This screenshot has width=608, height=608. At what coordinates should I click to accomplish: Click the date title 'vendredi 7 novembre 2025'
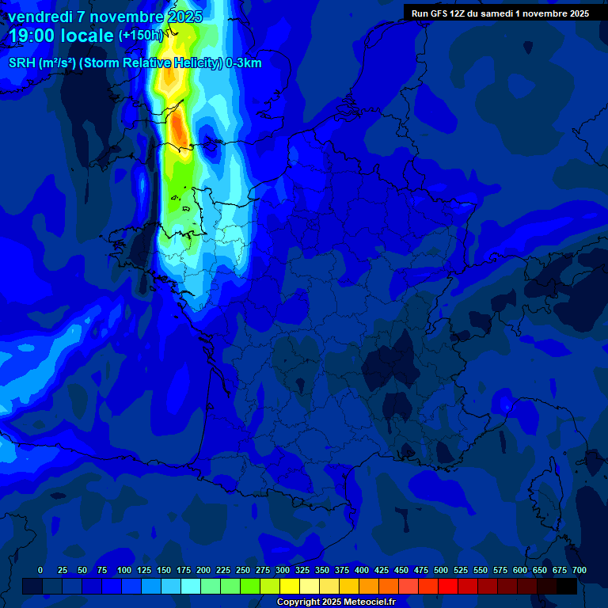(x=105, y=17)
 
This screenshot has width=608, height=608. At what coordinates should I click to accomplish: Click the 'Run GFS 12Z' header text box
(x=500, y=13)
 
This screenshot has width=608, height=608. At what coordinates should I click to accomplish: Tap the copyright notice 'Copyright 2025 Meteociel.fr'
(x=336, y=602)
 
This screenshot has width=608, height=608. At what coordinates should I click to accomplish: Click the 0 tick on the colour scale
(x=40, y=570)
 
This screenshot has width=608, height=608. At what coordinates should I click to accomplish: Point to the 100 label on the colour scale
(x=124, y=570)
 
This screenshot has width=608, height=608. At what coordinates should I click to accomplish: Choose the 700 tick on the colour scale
(x=579, y=570)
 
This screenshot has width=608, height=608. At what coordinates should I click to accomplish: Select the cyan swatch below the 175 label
(x=191, y=586)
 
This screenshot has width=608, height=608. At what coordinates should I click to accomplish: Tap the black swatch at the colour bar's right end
(x=567, y=586)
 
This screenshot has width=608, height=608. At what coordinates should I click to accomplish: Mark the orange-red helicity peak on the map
(x=180, y=131)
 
